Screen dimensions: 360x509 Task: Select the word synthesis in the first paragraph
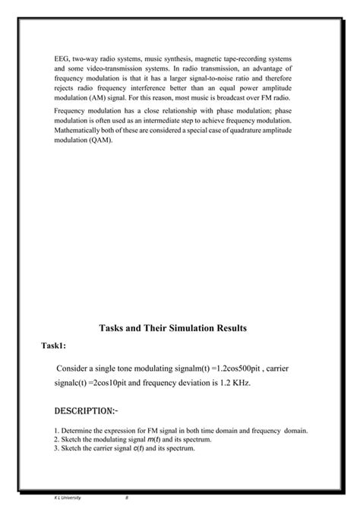click(181, 58)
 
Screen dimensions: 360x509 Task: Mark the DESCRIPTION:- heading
click(85, 410)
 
